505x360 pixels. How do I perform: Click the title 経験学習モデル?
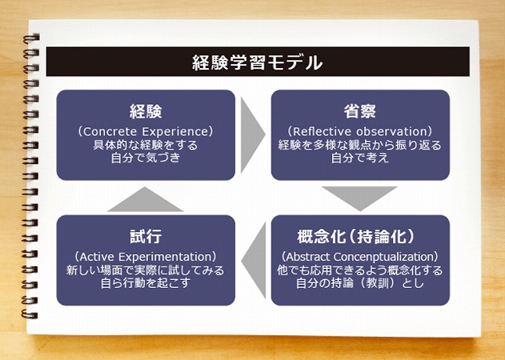click(257, 62)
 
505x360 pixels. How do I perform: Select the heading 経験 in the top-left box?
click(146, 111)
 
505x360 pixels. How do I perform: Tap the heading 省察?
click(359, 111)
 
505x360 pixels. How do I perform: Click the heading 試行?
click(146, 237)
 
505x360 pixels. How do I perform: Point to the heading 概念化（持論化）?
click(359, 237)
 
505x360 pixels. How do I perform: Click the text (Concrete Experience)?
click(146, 130)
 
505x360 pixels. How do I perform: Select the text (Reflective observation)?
click(359, 130)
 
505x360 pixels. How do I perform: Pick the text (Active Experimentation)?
click(146, 256)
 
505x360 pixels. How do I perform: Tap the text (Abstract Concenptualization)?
click(359, 256)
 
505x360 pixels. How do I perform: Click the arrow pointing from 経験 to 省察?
click(252, 129)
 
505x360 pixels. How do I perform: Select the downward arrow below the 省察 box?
click(359, 198)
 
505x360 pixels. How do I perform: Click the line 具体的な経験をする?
click(146, 145)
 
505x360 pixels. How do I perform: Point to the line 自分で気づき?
click(146, 158)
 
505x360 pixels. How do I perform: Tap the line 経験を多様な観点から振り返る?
click(359, 145)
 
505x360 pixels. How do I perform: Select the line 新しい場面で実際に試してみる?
click(146, 270)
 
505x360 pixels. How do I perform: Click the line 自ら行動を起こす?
click(146, 284)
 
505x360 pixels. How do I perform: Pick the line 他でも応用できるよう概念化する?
click(359, 270)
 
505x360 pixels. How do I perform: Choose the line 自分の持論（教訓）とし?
click(359, 284)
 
